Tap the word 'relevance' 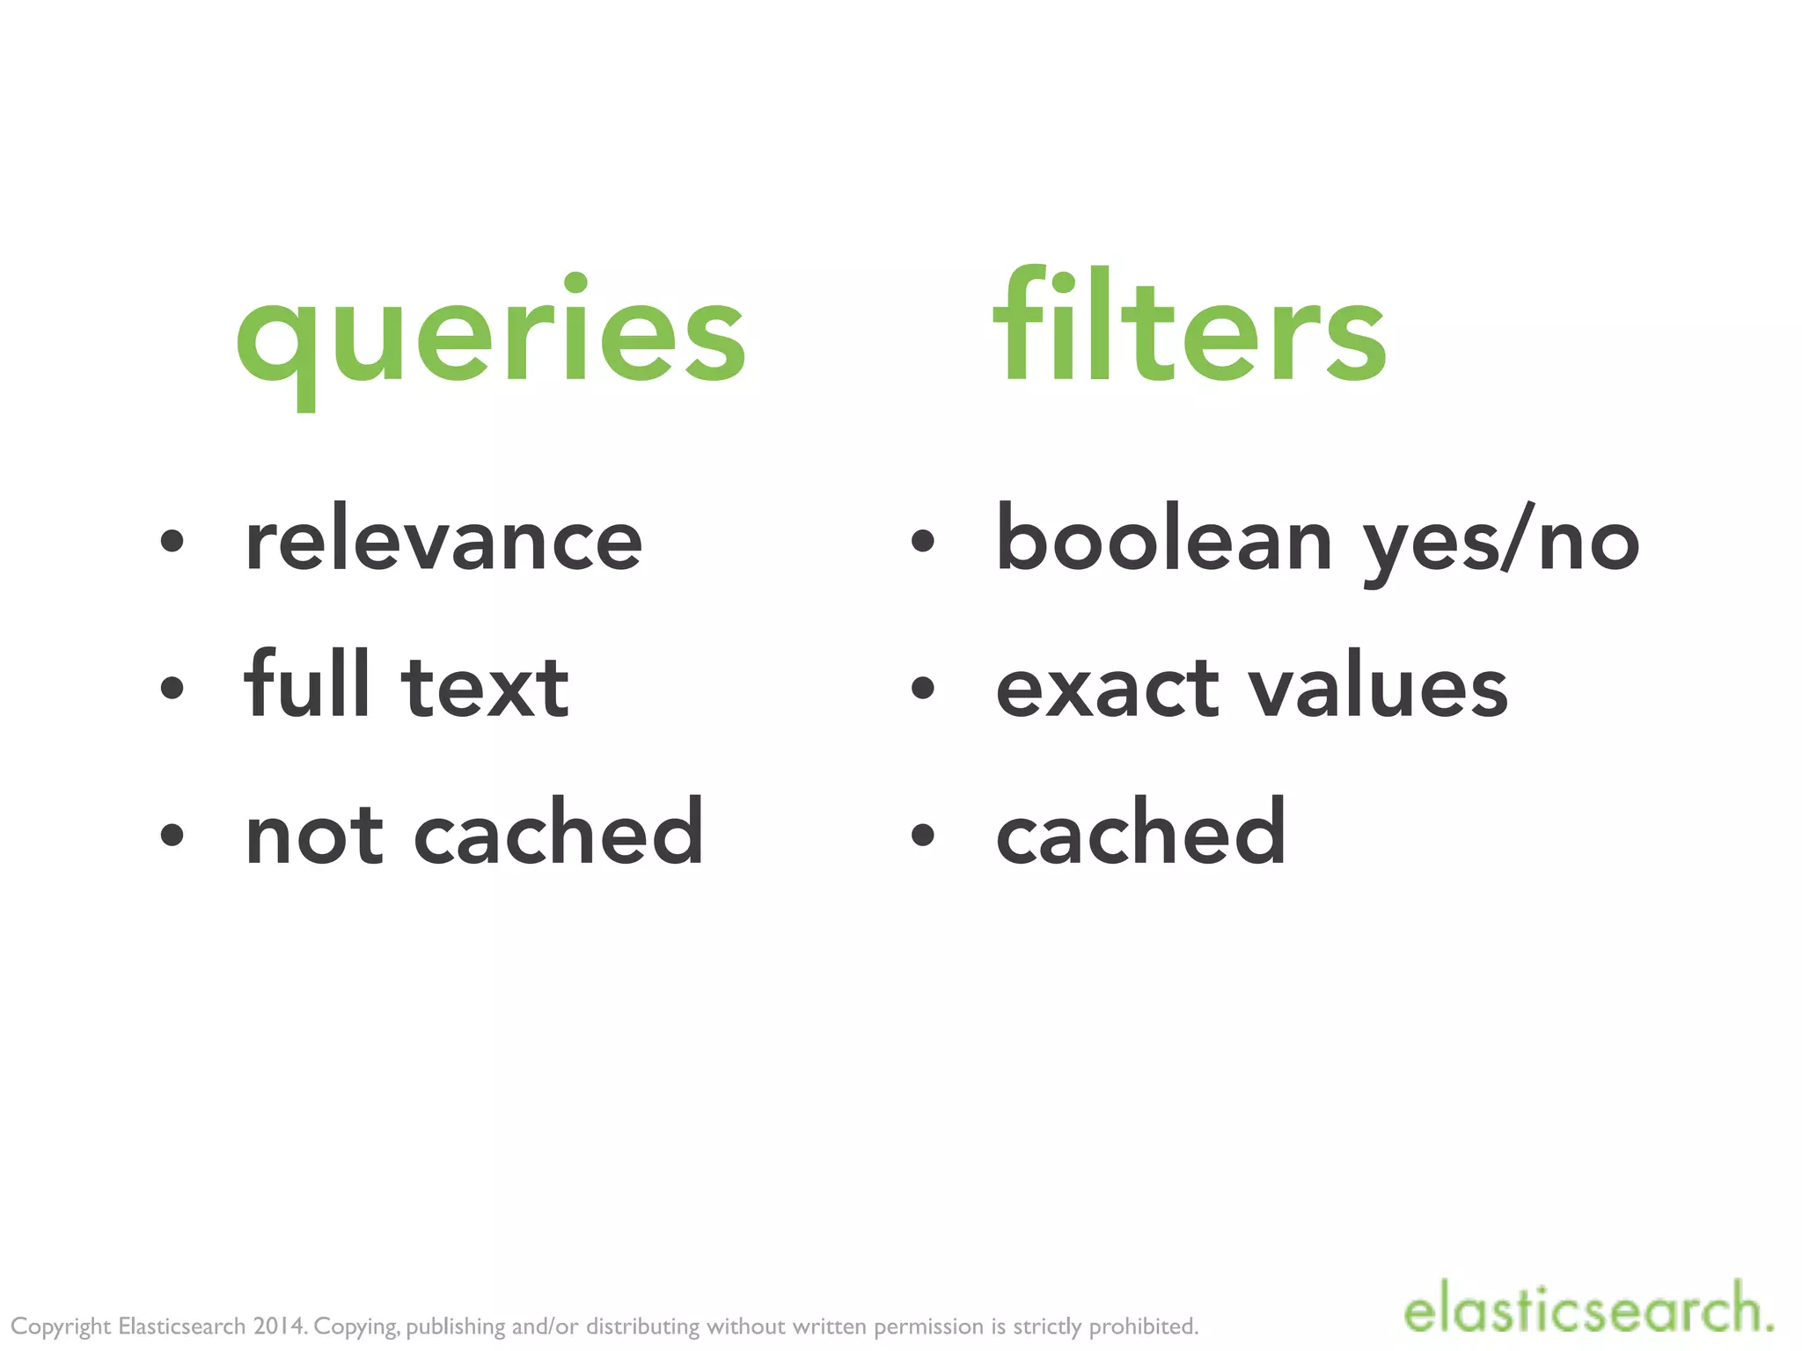(x=443, y=539)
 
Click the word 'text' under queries (x=485, y=688)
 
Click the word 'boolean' (x=1163, y=539)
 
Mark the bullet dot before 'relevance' (x=172, y=541)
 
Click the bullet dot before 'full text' (x=172, y=688)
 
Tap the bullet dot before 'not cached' (x=172, y=835)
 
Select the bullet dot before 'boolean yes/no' (x=922, y=541)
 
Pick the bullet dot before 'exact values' (x=922, y=688)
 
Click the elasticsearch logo (x=1587, y=1308)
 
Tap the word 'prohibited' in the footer (x=1143, y=1325)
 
